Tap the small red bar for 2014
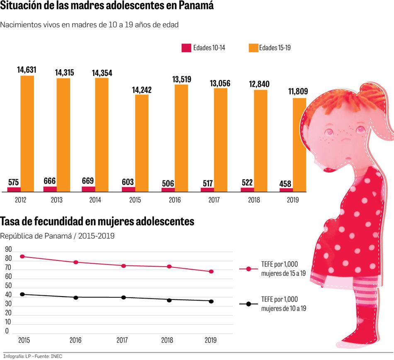click(x=88, y=189)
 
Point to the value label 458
click(x=286, y=184)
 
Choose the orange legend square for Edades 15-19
click(x=253, y=48)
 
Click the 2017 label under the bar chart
click(x=214, y=200)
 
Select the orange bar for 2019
click(x=299, y=145)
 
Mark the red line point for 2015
click(x=22, y=256)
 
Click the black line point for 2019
click(x=211, y=301)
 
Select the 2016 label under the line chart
click(x=75, y=341)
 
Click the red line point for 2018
click(x=169, y=266)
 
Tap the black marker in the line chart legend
click(x=249, y=304)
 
